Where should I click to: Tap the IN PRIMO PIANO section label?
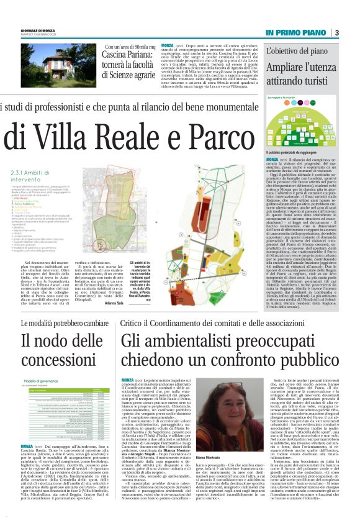tap(295, 32)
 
